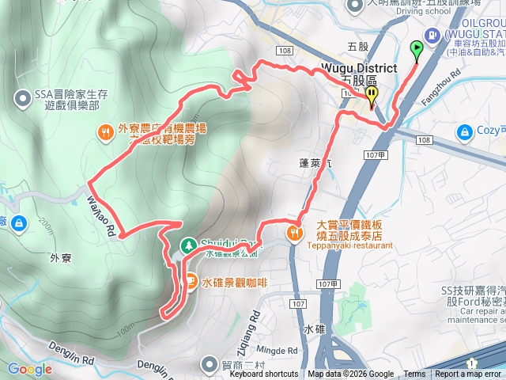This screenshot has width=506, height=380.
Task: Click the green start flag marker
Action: [417, 49]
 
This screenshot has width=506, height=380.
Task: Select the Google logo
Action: [29, 369]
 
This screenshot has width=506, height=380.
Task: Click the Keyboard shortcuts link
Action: [264, 374]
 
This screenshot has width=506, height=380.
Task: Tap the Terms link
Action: [414, 374]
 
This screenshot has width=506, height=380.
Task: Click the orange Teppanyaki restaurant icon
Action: [294, 233]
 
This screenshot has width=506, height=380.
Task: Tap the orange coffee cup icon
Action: [191, 279]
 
